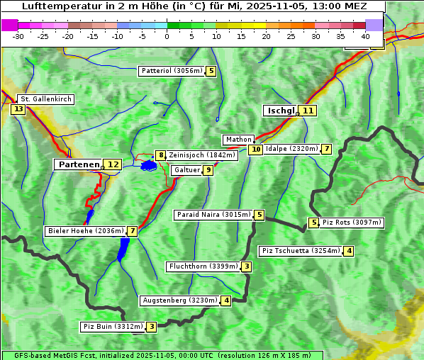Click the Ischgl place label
tap(281, 111)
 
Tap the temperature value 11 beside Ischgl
tap(307, 111)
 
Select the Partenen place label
tap(79, 164)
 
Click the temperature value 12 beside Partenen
tap(112, 164)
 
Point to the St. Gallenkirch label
tap(45, 99)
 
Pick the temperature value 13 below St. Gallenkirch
tap(18, 109)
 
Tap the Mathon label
tap(238, 140)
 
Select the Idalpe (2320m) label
tap(291, 149)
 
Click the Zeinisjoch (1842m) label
tap(202, 155)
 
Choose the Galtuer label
tap(186, 170)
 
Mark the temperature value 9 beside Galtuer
tap(208, 170)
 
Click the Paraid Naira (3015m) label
tap(213, 215)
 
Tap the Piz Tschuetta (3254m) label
tap(301, 251)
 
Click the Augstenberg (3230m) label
tap(180, 300)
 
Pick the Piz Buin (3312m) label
tap(113, 327)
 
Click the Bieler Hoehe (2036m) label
tap(85, 231)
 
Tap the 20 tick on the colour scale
tap(266, 35)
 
